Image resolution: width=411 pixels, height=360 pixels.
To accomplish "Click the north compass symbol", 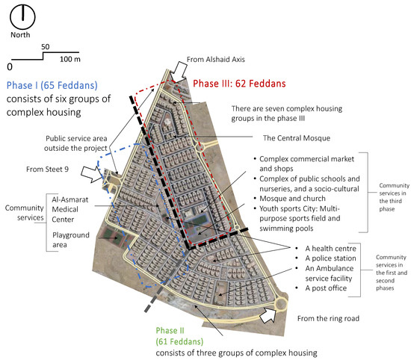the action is click(22, 16).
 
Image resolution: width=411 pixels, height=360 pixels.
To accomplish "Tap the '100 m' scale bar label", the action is click(70, 59).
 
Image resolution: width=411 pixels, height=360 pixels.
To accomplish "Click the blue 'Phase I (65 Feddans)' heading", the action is click(52, 85).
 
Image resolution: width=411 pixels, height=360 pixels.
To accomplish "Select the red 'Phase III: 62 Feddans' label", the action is click(239, 84).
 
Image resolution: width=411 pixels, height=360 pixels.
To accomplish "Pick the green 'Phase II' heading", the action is click(170, 331).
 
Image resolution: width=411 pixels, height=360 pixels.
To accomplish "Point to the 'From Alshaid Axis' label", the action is click(216, 60).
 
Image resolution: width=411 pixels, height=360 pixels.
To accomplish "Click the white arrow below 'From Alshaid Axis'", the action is click(179, 72).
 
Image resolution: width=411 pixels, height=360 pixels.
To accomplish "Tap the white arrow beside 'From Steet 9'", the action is click(91, 174).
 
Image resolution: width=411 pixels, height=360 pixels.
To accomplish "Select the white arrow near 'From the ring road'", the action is click(268, 315).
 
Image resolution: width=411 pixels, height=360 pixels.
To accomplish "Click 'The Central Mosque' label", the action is click(297, 138).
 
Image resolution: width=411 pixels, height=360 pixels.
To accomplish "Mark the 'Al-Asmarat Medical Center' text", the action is click(70, 210).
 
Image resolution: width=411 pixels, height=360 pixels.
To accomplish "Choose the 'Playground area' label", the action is click(71, 240).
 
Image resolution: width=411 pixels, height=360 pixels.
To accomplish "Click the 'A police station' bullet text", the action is click(330, 258).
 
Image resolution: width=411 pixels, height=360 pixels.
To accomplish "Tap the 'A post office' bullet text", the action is click(326, 288).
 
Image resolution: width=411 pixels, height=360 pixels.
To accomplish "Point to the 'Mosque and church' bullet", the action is click(292, 199).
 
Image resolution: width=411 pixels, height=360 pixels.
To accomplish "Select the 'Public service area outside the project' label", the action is click(75, 143).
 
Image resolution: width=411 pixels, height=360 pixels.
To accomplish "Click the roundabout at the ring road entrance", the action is click(281, 304).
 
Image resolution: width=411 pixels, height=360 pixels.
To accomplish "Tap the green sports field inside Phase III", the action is click(200, 220).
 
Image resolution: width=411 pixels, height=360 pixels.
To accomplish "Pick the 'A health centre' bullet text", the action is click(330, 249).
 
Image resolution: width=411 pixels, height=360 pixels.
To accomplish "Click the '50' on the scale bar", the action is click(45, 47).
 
